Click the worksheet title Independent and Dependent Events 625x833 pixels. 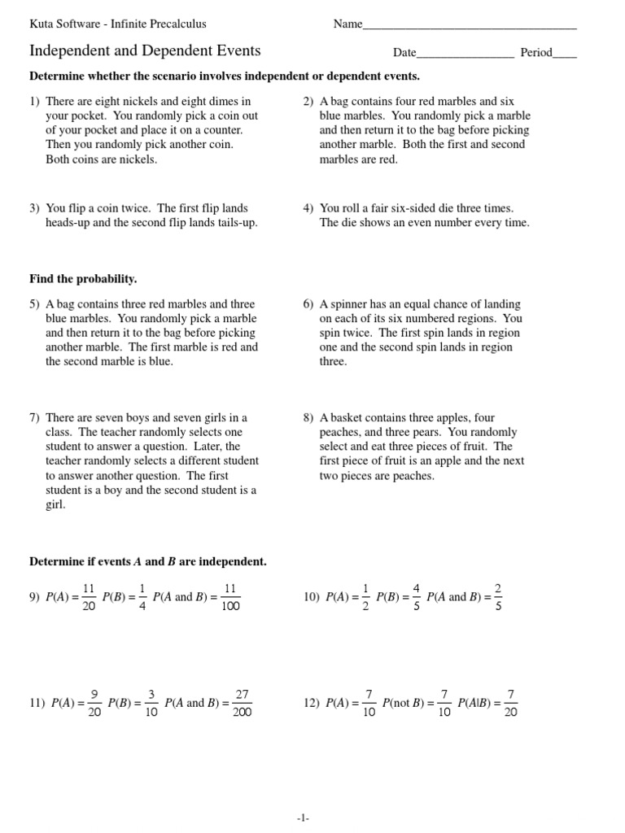pyautogui.click(x=145, y=51)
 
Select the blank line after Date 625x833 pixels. pyautogui.click(x=465, y=54)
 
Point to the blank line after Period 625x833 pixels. pyautogui.click(x=564, y=54)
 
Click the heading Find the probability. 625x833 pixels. pyautogui.click(x=83, y=279)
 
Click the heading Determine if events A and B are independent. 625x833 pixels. pyautogui.click(x=147, y=561)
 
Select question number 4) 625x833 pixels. pyautogui.click(x=308, y=208)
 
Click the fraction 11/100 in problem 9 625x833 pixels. pyautogui.click(x=229, y=597)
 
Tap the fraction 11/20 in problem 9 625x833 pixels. pyautogui.click(x=90, y=597)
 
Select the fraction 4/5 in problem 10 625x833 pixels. pyautogui.click(x=416, y=597)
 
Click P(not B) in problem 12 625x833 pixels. pyautogui.click(x=404, y=704)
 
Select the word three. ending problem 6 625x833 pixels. pyautogui.click(x=333, y=362)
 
